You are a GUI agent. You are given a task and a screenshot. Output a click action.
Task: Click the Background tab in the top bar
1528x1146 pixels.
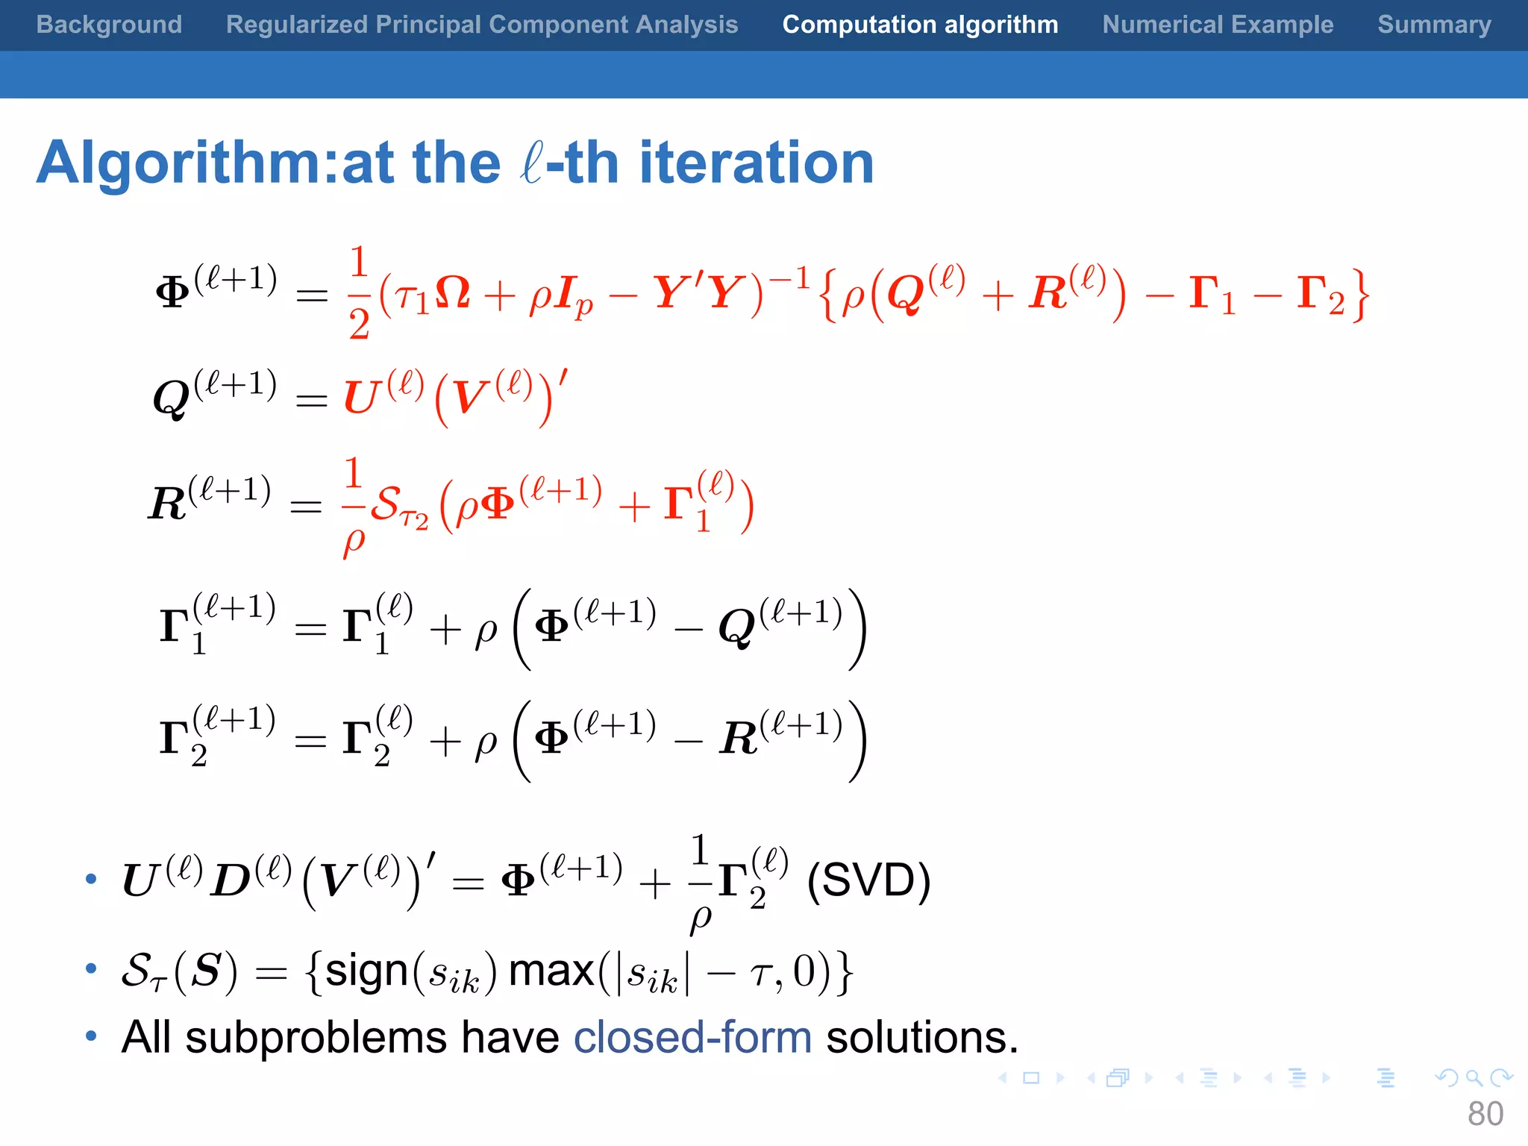[x=109, y=25]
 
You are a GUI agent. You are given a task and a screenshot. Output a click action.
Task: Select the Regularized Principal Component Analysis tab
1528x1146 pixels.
[x=481, y=25]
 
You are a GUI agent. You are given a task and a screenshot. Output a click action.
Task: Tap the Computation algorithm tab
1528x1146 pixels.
[x=920, y=25]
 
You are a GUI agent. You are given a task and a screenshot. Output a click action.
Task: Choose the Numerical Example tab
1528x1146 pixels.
[x=1218, y=25]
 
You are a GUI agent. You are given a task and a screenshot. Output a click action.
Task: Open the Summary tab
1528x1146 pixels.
[x=1434, y=25]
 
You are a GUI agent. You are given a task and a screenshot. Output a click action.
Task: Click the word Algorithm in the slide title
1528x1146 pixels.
[x=179, y=163]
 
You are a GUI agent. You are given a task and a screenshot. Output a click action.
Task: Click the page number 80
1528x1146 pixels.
[x=1485, y=1114]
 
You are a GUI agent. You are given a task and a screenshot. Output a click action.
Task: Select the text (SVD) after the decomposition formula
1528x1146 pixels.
[x=868, y=880]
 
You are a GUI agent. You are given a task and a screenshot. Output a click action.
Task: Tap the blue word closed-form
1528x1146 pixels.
[x=692, y=1037]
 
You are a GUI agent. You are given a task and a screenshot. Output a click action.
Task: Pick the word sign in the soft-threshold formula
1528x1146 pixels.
[x=366, y=971]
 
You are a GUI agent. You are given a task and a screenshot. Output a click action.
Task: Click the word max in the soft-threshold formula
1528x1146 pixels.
[x=551, y=971]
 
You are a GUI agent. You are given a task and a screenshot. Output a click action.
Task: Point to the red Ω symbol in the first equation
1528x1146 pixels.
[x=452, y=292]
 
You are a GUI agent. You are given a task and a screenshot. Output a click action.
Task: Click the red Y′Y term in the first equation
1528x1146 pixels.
[x=698, y=292]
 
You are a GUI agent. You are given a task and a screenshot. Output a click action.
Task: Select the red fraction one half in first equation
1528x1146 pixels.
[x=359, y=292]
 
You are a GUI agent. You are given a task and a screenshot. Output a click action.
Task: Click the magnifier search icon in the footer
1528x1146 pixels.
[x=1474, y=1077]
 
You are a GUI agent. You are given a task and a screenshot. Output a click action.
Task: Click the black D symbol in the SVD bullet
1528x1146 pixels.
[x=230, y=881]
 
